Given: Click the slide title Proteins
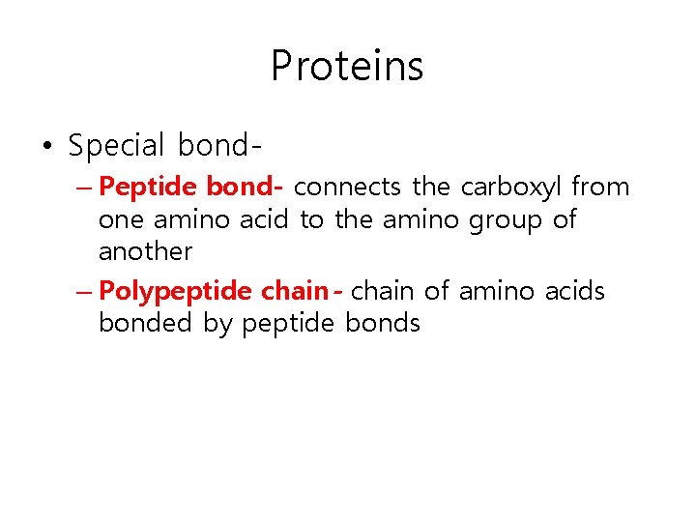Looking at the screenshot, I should (347, 67).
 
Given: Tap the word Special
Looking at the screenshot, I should (117, 146).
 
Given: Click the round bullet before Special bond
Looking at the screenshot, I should (47, 147).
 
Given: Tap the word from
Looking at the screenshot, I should (601, 187).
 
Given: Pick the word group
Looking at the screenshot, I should (507, 220).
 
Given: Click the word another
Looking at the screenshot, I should (145, 252).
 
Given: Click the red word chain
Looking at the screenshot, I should (294, 290).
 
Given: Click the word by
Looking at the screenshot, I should (217, 324).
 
